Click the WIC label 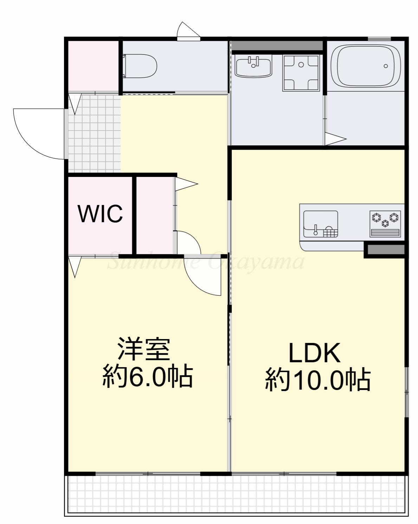click(x=100, y=213)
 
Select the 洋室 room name click(x=144, y=349)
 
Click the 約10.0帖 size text click(x=318, y=380)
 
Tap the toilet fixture click(x=140, y=66)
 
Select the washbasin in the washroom click(x=253, y=66)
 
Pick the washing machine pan click(x=301, y=73)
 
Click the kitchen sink click(x=321, y=224)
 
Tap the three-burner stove click(x=385, y=224)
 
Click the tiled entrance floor click(x=95, y=134)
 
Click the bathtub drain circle click(x=386, y=66)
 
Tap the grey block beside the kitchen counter click(x=386, y=250)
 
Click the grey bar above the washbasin click(x=277, y=46)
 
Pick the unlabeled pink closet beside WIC click(x=155, y=215)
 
